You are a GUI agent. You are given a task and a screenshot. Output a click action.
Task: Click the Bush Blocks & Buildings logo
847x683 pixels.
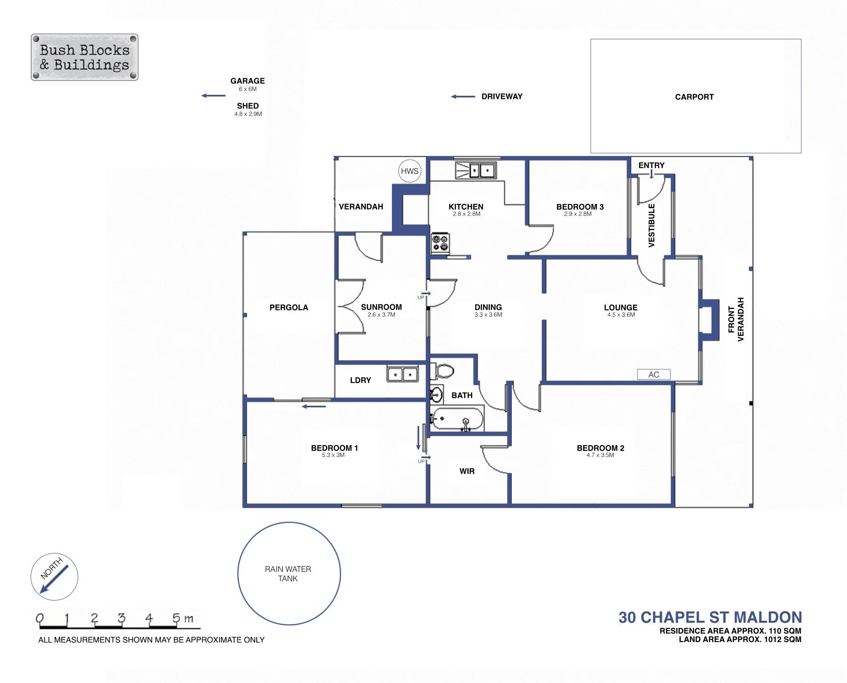pyautogui.click(x=85, y=57)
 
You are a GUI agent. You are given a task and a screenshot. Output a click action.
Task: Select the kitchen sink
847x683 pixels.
pyautogui.click(x=475, y=170)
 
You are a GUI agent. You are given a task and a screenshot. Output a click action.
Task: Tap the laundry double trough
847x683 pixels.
pyautogui.click(x=403, y=374)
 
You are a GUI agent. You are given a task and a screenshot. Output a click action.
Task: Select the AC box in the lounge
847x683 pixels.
pyautogui.click(x=653, y=374)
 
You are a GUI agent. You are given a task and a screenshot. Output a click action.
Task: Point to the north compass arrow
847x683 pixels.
pyautogui.click(x=54, y=579)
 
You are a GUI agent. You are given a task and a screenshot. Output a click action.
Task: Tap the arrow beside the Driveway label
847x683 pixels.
pyautogui.click(x=463, y=97)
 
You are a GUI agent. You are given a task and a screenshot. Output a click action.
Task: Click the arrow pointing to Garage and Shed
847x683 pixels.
pyautogui.click(x=213, y=96)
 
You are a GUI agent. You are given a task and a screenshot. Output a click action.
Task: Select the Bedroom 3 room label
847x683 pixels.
pyautogui.click(x=580, y=207)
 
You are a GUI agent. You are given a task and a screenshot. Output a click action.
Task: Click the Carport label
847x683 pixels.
pyautogui.click(x=694, y=97)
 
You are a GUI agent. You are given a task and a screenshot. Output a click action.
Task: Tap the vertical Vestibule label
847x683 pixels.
pyautogui.click(x=652, y=225)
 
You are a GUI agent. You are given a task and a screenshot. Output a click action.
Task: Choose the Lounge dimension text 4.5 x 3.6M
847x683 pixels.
pyautogui.click(x=621, y=315)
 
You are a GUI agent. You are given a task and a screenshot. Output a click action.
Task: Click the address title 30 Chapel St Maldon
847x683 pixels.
pyautogui.click(x=710, y=617)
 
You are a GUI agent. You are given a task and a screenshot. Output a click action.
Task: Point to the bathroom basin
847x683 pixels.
pyautogui.click(x=436, y=394)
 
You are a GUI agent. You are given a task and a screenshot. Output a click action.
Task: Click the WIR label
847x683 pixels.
pyautogui.click(x=467, y=471)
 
